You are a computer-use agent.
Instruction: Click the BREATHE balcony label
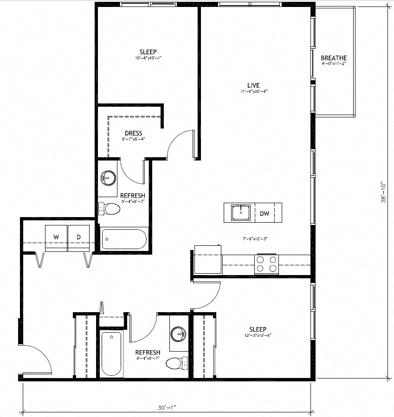point(334,58)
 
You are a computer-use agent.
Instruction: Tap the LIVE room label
point(253,85)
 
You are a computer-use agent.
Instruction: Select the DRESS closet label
point(133,134)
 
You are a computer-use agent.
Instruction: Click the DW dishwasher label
point(265,214)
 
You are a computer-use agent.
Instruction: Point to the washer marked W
point(56,237)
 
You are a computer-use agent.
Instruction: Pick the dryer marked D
point(79,237)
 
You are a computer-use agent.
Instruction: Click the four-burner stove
point(266,264)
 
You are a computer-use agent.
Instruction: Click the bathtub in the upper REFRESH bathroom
point(124,240)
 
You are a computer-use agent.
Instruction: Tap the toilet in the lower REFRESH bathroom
point(176,363)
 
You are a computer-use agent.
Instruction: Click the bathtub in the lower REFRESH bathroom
point(111,353)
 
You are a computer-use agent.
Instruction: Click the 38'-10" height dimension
point(383,192)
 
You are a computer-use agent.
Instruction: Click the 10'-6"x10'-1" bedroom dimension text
point(148,58)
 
